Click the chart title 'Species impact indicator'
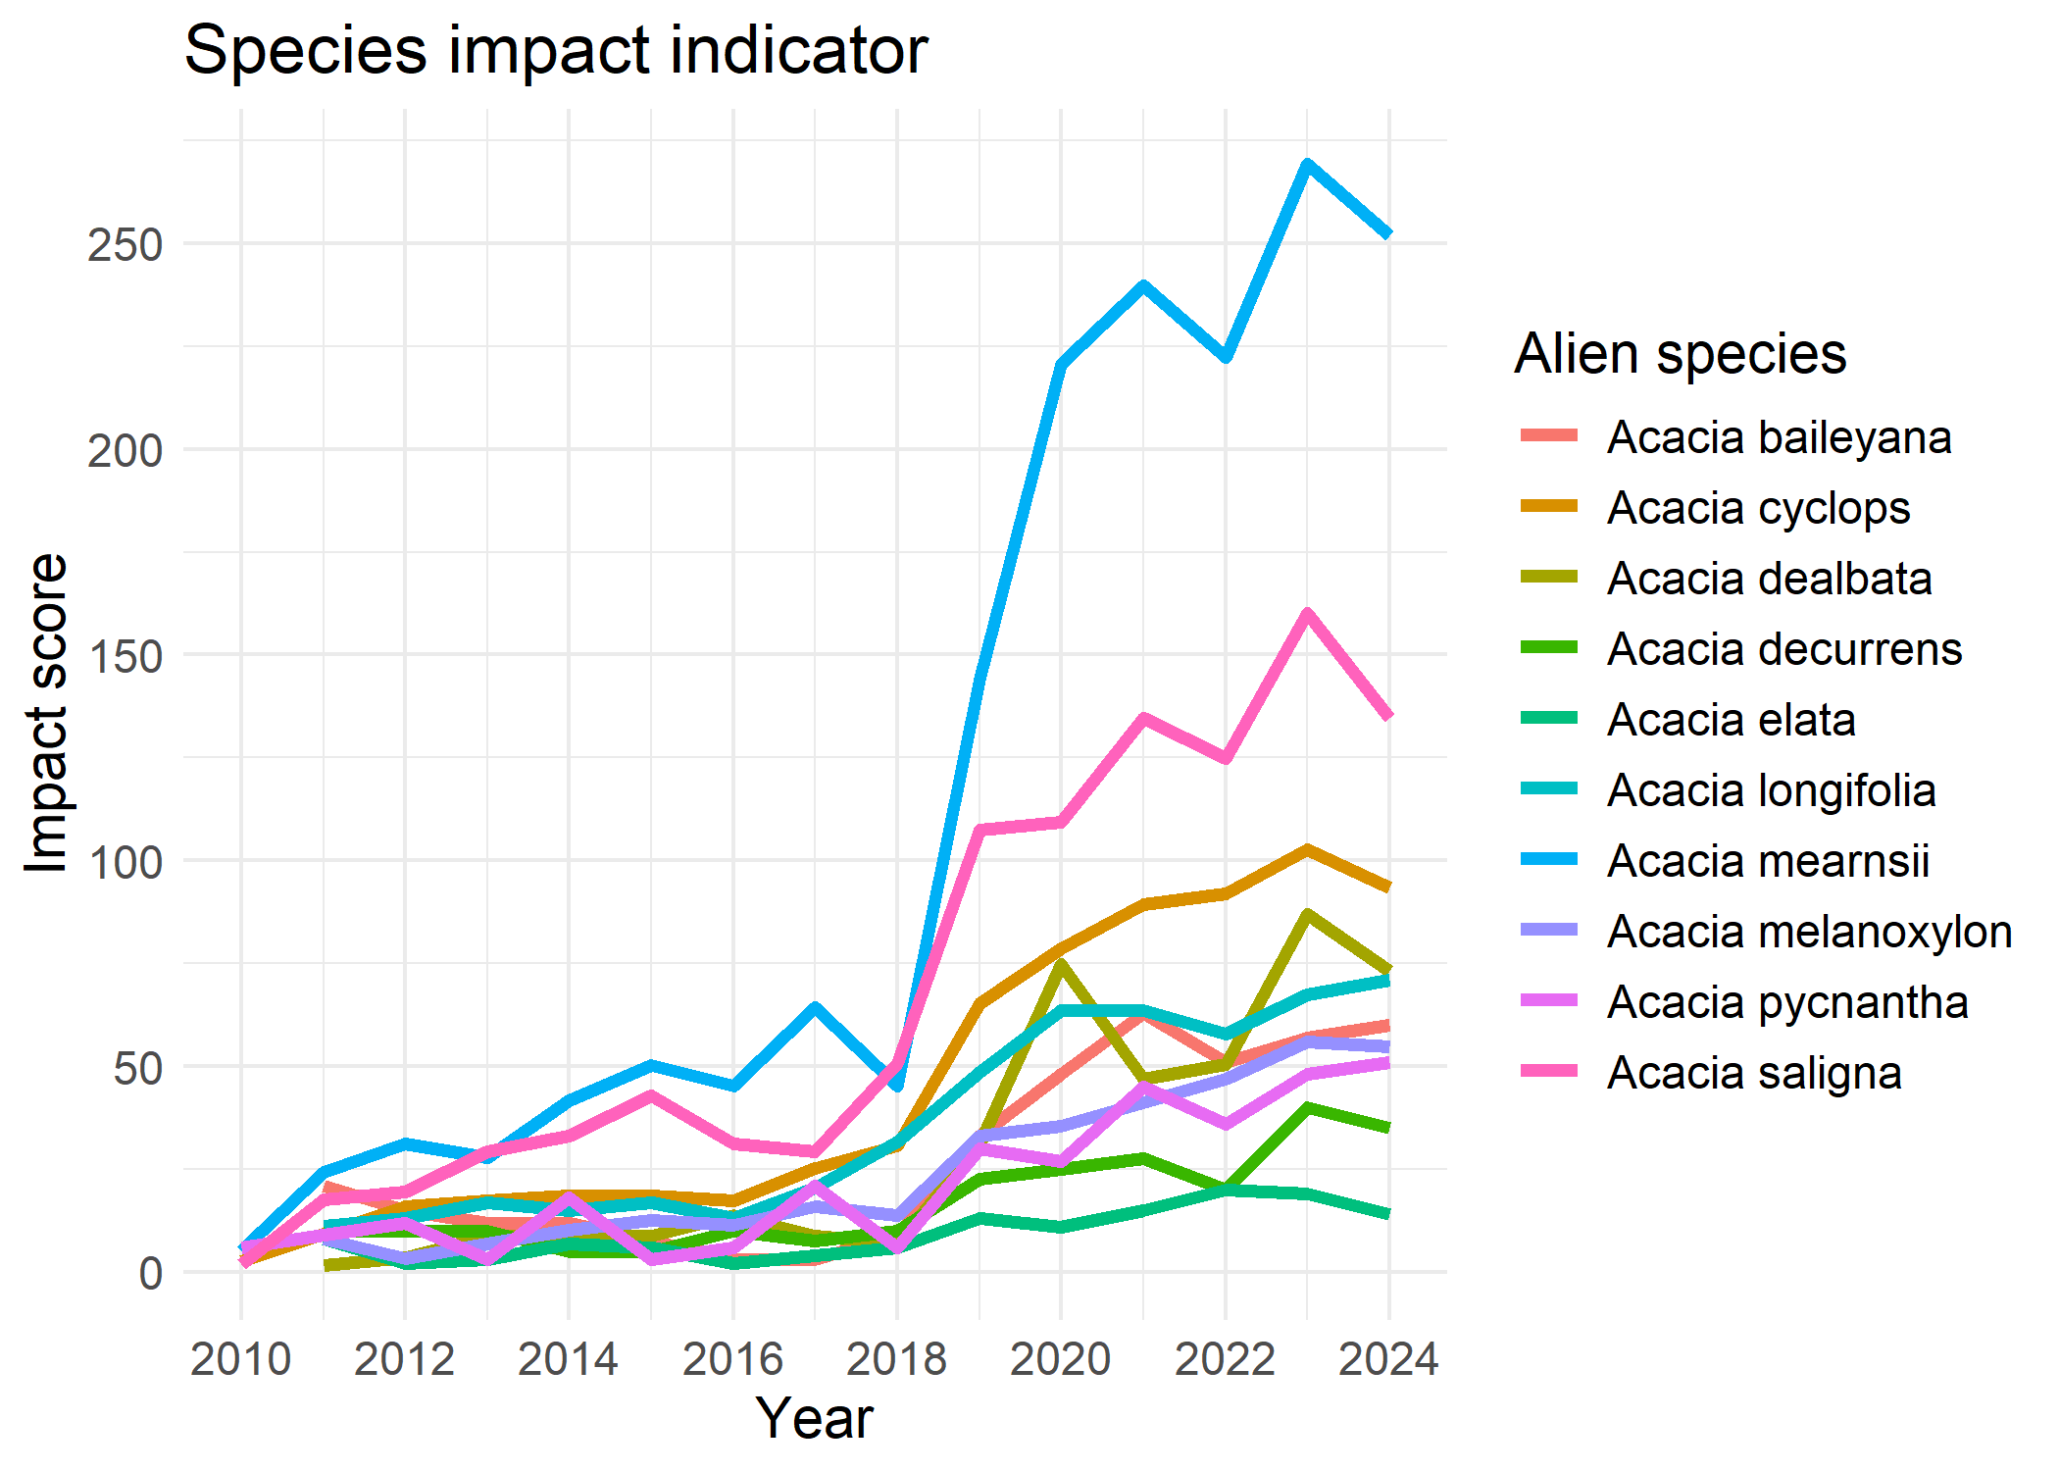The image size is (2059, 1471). pyautogui.click(x=555, y=51)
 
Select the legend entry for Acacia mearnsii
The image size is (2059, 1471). pyautogui.click(x=1767, y=861)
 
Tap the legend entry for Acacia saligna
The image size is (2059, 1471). pyautogui.click(x=1753, y=1073)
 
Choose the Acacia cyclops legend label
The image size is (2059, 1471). pyautogui.click(x=1758, y=508)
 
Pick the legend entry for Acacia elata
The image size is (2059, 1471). pyautogui.click(x=1731, y=720)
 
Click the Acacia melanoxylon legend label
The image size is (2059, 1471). pyautogui.click(x=1809, y=932)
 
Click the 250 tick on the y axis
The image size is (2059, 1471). pyautogui.click(x=125, y=245)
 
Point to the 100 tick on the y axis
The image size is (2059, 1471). pyautogui.click(x=125, y=862)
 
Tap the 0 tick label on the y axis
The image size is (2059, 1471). pyautogui.click(x=150, y=1273)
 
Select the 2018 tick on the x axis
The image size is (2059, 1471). pyautogui.click(x=896, y=1360)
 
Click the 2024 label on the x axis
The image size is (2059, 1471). pyautogui.click(x=1388, y=1360)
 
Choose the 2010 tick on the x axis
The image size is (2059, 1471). pyautogui.click(x=241, y=1360)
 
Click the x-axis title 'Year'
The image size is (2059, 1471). pyautogui.click(x=814, y=1418)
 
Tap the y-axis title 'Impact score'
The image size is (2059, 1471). pyautogui.click(x=47, y=712)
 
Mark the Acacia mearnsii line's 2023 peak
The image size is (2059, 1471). pyautogui.click(x=1307, y=164)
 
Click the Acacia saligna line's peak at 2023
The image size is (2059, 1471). pyautogui.click(x=1307, y=614)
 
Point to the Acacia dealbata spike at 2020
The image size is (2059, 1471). pyautogui.click(x=1061, y=964)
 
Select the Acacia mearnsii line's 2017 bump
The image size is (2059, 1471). pyautogui.click(x=815, y=1006)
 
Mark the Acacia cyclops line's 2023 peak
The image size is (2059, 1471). pyautogui.click(x=1307, y=849)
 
